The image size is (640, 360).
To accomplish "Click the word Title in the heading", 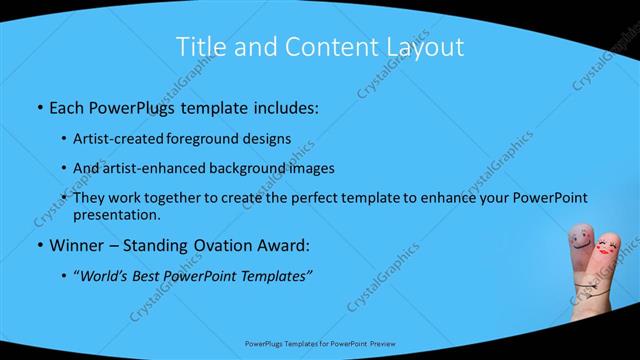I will (199, 46).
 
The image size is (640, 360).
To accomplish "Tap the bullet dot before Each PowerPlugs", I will (38, 107).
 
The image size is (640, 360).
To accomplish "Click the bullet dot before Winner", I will (38, 246).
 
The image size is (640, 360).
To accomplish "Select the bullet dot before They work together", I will (64, 199).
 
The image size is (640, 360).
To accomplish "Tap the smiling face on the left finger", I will (581, 240).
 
